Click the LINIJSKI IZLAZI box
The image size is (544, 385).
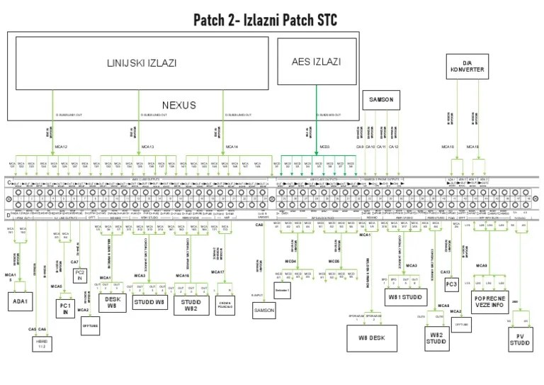[142, 63]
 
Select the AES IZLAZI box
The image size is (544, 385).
[316, 62]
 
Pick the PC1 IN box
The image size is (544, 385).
[66, 307]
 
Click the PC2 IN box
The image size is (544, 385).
[79, 275]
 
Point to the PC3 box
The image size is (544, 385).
[451, 284]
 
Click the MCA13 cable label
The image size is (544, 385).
[147, 147]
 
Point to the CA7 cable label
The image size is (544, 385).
[74, 262]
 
